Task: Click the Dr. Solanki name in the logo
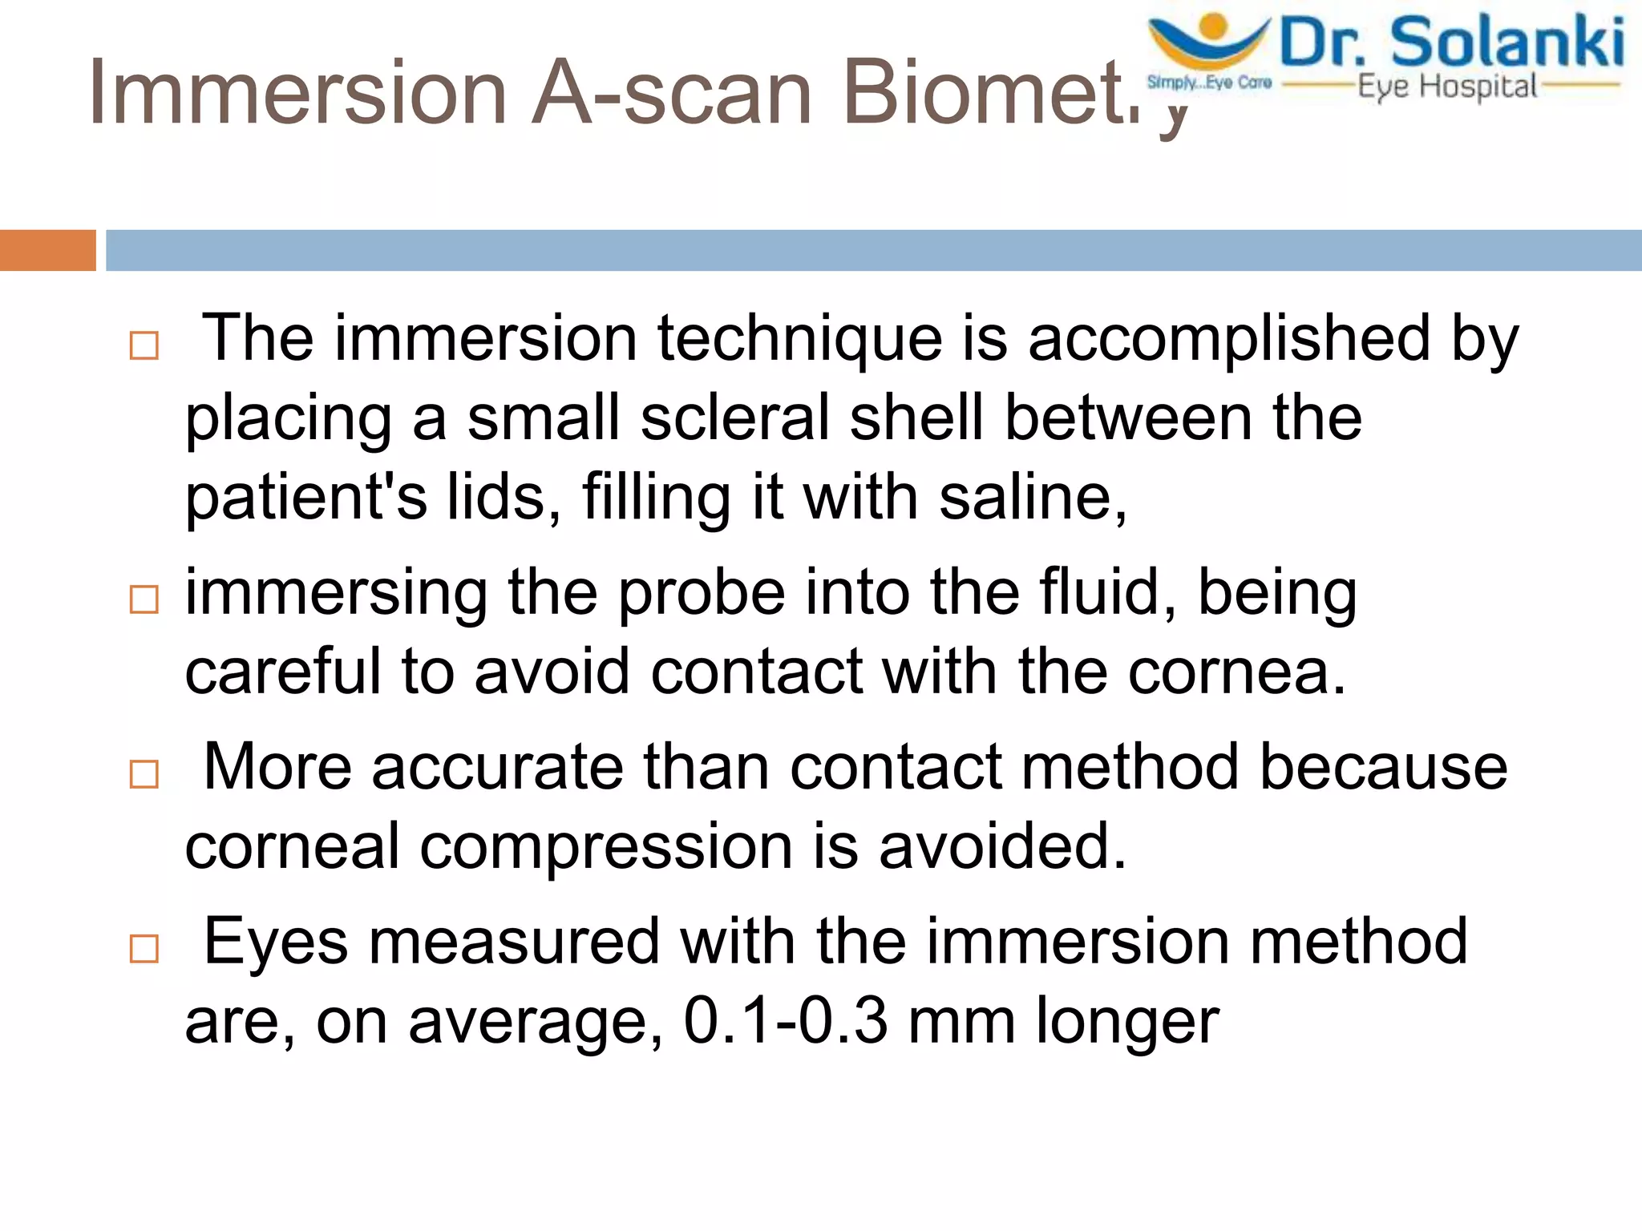[1452, 43]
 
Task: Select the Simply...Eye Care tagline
[1209, 83]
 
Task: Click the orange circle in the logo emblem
[1215, 24]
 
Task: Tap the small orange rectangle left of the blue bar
[47, 250]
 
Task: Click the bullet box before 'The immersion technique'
[144, 346]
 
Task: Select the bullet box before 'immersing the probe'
[144, 599]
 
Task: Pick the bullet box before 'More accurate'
[144, 774]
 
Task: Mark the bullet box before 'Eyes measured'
[144, 949]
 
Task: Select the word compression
[606, 848]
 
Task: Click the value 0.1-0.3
[786, 1021]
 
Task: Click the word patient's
[306, 498]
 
